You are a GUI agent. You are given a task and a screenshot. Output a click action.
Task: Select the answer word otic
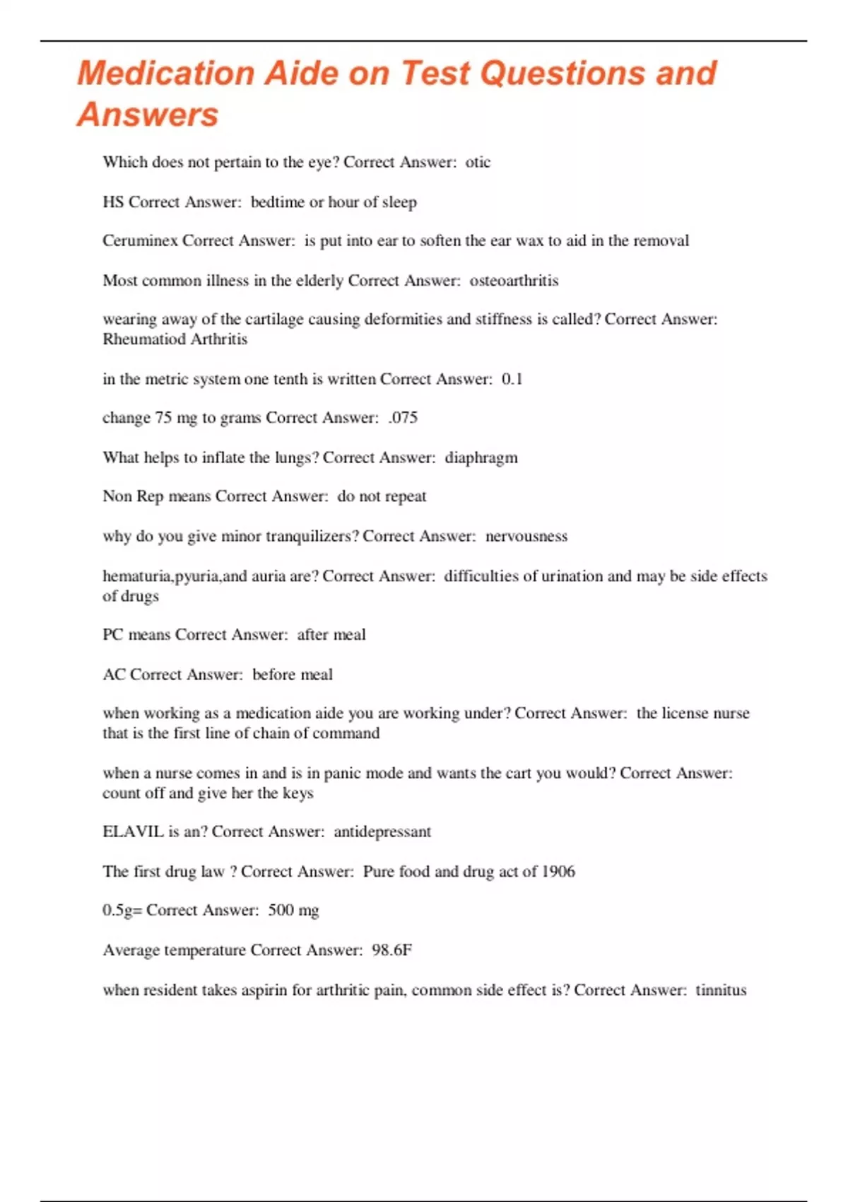tap(478, 163)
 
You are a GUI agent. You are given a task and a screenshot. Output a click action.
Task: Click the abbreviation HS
tap(113, 202)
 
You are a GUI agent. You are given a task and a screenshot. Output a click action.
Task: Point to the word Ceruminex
tap(140, 241)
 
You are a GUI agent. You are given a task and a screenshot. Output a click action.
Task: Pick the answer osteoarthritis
tap(514, 281)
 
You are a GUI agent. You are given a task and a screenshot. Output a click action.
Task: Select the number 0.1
tap(512, 379)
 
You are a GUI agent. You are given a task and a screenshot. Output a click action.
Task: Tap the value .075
tap(403, 418)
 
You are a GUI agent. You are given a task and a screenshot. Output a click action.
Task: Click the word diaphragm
tap(481, 458)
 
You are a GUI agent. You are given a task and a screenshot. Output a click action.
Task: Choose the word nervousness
tap(526, 537)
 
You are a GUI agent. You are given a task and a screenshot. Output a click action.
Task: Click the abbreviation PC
tap(113, 635)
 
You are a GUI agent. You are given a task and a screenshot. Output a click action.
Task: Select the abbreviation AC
tap(114, 675)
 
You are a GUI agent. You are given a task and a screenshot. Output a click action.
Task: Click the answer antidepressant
tap(382, 832)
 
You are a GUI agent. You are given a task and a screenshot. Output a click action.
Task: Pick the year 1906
tap(558, 871)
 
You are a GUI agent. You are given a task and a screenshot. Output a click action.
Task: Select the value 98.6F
tap(391, 950)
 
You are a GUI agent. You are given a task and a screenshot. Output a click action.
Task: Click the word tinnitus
tap(721, 990)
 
